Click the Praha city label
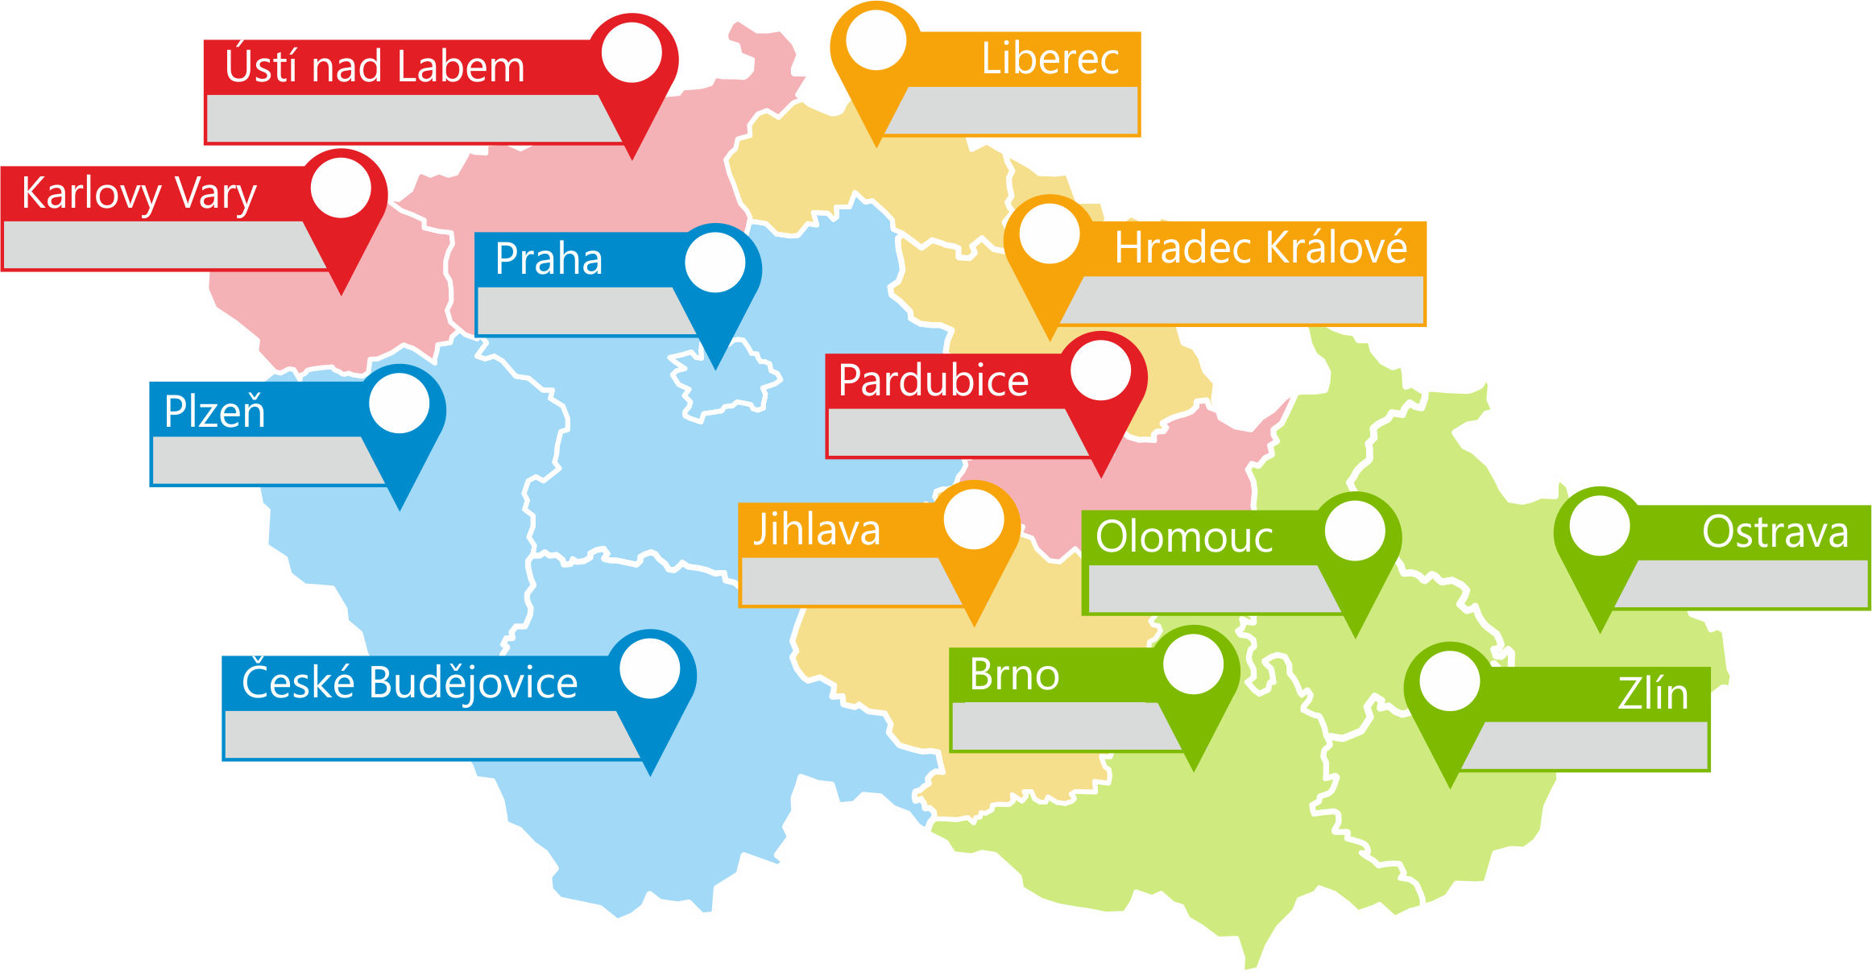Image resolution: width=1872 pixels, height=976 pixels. pos(549,259)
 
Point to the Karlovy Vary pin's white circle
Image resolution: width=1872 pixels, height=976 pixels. pos(341,188)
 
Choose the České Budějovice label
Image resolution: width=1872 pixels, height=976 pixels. pos(409,683)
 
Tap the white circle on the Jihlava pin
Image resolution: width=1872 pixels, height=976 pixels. pos(974,519)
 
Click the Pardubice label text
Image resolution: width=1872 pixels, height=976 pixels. pos(933,380)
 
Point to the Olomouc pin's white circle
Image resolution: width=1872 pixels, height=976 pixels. pos(1355,530)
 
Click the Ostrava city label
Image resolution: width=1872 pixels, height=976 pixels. pos(1775,532)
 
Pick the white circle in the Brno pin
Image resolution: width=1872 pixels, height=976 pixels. pos(1193,664)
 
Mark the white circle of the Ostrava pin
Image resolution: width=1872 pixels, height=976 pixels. pos(1600,526)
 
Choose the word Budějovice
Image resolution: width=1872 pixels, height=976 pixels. pos(473,683)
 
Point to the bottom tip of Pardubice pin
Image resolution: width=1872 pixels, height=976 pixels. pos(1101,476)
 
